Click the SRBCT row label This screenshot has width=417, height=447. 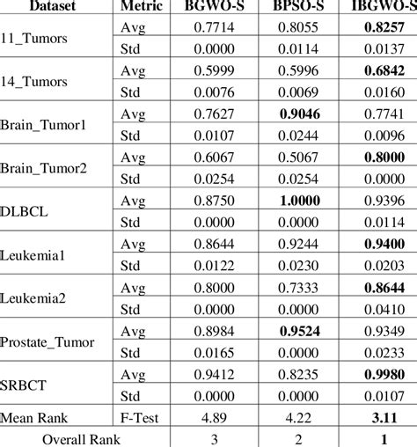pos(26,384)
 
